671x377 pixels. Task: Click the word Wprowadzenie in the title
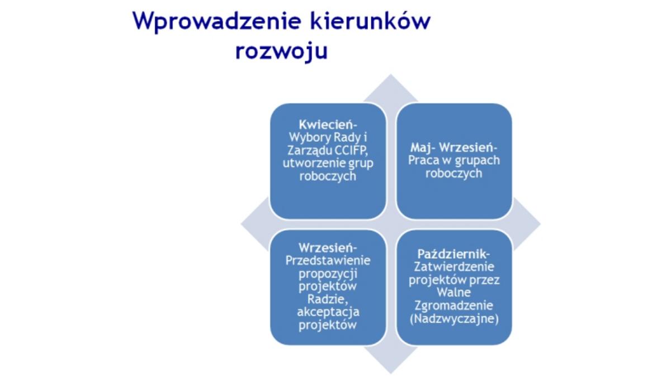pos(217,22)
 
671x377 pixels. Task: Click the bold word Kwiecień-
pos(328,125)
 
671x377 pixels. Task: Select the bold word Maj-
pos(423,148)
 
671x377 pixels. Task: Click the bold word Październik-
pos(454,254)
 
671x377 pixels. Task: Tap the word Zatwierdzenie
pos(454,266)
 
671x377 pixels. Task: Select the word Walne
pos(454,292)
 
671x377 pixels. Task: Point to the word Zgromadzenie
pos(454,306)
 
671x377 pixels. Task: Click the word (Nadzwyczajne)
pos(454,319)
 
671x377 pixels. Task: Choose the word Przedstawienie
pos(328,260)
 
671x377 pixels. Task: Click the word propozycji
pos(328,274)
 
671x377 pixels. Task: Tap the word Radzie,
pos(328,299)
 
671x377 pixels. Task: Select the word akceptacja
pos(328,312)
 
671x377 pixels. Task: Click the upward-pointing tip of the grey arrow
pos(391,74)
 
